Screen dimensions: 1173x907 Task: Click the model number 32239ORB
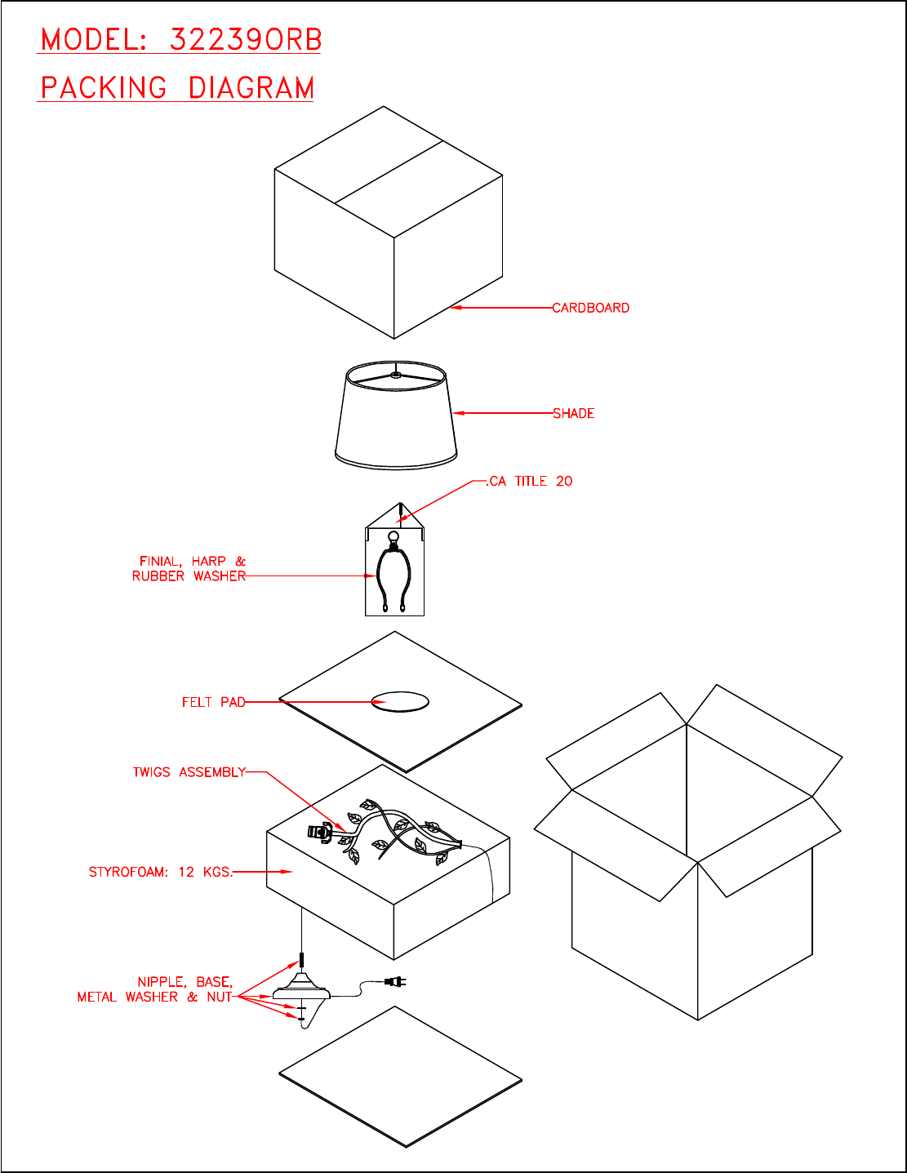[246, 40]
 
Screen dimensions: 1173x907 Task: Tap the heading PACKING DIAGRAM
[177, 88]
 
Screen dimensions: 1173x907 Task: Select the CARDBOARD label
[591, 309]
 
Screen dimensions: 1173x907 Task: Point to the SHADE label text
[574, 414]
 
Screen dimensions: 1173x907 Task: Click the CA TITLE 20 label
[531, 482]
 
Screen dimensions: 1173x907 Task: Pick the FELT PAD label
[213, 702]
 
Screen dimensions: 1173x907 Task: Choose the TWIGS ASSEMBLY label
[189, 772]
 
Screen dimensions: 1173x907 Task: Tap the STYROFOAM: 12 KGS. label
[161, 872]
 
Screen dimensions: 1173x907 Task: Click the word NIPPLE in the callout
[160, 982]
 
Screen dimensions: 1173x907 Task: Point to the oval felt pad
[400, 702]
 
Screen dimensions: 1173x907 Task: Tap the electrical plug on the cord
[396, 982]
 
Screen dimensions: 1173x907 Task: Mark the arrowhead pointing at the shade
[458, 413]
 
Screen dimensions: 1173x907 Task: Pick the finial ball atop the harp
[393, 538]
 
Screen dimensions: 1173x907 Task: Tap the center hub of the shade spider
[396, 375]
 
